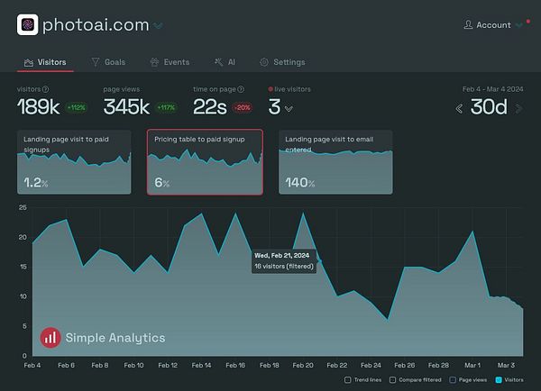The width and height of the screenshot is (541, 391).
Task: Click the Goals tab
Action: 108,62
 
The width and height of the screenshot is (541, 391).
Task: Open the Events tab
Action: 170,62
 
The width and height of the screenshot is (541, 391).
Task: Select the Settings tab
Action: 282,62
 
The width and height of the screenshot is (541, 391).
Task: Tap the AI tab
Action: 225,62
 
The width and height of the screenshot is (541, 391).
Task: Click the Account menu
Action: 492,25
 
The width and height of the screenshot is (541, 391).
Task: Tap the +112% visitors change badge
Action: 75,108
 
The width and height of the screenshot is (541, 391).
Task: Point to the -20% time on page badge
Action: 241,108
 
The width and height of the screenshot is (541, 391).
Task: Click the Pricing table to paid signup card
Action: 205,162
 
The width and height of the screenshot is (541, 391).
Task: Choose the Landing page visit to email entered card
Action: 335,162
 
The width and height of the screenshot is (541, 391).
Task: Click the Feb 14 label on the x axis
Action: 202,366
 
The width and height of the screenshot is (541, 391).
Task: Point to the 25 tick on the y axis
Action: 23,208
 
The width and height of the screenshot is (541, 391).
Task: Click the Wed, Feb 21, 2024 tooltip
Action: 283,260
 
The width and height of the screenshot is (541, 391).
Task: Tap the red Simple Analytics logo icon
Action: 50,338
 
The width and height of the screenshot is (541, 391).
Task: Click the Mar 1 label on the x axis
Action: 472,366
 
